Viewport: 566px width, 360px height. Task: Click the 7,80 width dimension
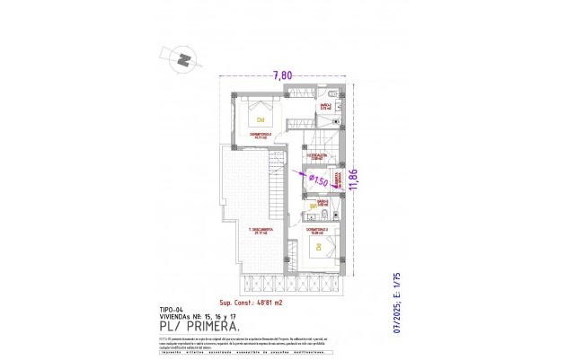point(283,76)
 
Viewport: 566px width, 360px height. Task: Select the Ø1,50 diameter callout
point(317,180)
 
